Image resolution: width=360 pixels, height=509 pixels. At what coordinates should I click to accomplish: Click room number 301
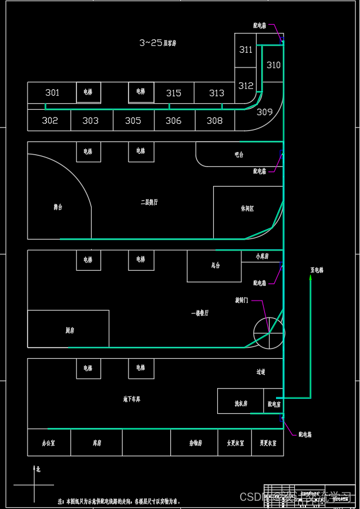52,93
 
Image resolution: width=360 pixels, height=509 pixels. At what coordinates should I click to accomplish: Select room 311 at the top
245,50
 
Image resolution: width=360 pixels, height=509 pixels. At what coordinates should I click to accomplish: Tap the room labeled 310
273,65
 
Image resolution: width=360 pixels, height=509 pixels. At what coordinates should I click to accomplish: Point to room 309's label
265,112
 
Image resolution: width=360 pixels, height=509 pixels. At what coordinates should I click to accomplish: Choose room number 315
173,93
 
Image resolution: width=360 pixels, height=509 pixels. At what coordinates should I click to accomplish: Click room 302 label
50,120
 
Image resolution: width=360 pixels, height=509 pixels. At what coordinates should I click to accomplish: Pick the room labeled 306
173,120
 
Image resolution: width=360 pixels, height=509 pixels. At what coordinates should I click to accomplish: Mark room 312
245,86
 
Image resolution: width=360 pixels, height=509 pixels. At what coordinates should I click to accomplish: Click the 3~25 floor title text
158,43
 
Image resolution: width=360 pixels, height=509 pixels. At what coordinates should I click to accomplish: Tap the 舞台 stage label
58,207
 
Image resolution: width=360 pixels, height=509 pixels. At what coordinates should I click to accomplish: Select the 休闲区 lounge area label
247,208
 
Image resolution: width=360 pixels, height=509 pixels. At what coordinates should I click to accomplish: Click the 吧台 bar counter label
238,154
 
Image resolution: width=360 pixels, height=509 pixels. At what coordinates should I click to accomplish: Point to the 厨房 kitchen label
70,331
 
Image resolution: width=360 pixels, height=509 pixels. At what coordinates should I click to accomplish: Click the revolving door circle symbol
268,333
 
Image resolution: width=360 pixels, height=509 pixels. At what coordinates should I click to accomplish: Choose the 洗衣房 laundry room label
241,404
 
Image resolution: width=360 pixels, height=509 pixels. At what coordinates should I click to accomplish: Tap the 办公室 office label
48,443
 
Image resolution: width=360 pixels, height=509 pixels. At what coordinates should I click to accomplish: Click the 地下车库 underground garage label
132,399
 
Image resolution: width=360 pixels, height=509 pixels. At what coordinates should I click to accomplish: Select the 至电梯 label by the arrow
317,270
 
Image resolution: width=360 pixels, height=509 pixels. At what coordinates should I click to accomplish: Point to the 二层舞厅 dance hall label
149,202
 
